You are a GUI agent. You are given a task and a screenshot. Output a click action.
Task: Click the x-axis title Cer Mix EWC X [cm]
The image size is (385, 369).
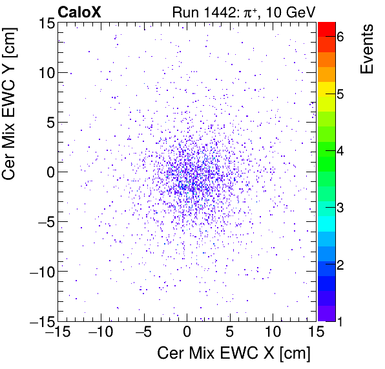click(x=234, y=354)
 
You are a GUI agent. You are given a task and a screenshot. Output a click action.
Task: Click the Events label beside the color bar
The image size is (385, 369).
click(x=366, y=49)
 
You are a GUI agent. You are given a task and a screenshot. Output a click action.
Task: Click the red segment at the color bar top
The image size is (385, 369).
click(x=327, y=29)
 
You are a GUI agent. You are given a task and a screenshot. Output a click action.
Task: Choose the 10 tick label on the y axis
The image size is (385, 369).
click(x=43, y=72)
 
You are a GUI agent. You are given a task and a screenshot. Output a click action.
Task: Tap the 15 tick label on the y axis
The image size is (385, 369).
click(x=43, y=23)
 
